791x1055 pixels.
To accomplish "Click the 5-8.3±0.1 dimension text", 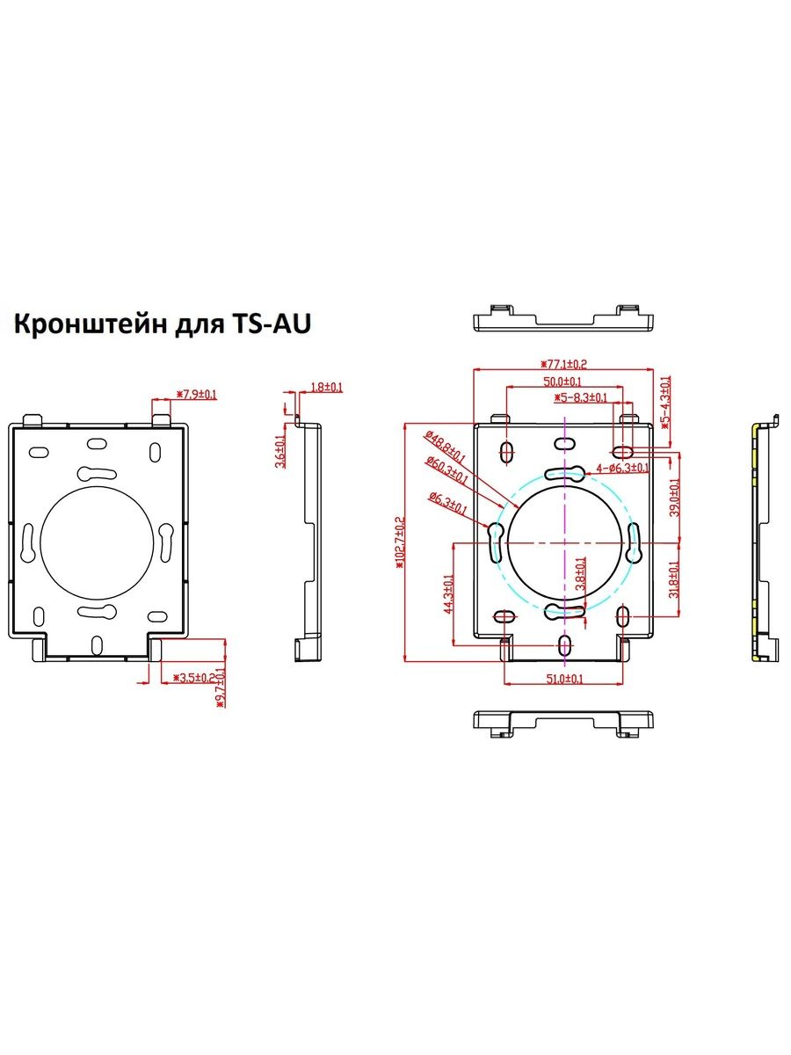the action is point(582,397).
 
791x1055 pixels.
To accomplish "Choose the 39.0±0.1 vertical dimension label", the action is point(675,498).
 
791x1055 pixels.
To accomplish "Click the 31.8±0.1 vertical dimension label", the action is point(675,579).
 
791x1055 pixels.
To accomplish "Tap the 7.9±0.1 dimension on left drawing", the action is point(198,395).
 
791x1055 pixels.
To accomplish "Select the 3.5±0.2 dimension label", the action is point(193,678).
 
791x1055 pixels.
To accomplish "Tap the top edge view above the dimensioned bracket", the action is point(562,317).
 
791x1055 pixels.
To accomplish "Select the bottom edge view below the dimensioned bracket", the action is point(562,722).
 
